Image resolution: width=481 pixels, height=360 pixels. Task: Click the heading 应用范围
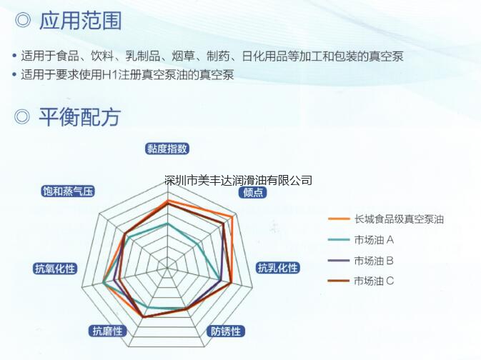pyautogui.click(x=80, y=21)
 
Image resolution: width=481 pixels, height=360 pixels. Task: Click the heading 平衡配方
pyautogui.click(x=79, y=117)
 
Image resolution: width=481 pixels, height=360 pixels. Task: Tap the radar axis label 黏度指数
pyautogui.click(x=167, y=149)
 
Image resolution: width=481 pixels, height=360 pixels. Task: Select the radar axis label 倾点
pyautogui.click(x=253, y=192)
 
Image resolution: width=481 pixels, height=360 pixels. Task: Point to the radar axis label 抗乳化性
pyautogui.click(x=277, y=268)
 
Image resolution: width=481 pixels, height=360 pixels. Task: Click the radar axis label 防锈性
pyautogui.click(x=226, y=331)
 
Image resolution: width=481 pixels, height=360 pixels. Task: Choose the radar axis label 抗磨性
pyautogui.click(x=108, y=331)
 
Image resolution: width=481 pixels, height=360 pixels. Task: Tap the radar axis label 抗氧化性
pyautogui.click(x=55, y=269)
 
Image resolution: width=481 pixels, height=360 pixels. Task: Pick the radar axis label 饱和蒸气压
pyautogui.click(x=68, y=191)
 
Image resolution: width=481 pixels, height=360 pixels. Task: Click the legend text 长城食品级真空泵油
pyautogui.click(x=399, y=219)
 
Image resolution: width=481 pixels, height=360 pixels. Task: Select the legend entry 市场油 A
pyautogui.click(x=374, y=240)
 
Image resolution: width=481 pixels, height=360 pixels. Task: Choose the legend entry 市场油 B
pyautogui.click(x=374, y=261)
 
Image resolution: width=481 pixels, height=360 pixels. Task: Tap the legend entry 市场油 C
pyautogui.click(x=374, y=281)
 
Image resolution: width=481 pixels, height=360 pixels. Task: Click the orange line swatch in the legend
pyautogui.click(x=339, y=219)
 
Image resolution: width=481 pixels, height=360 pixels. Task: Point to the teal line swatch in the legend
pyautogui.click(x=339, y=240)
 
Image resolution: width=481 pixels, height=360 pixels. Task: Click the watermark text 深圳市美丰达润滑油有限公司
pyautogui.click(x=238, y=180)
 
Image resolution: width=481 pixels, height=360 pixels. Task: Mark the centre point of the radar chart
pyautogui.click(x=167, y=268)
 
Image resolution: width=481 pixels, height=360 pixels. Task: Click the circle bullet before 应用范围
pyautogui.click(x=23, y=21)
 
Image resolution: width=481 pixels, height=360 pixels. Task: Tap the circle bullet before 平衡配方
pyautogui.click(x=21, y=117)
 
